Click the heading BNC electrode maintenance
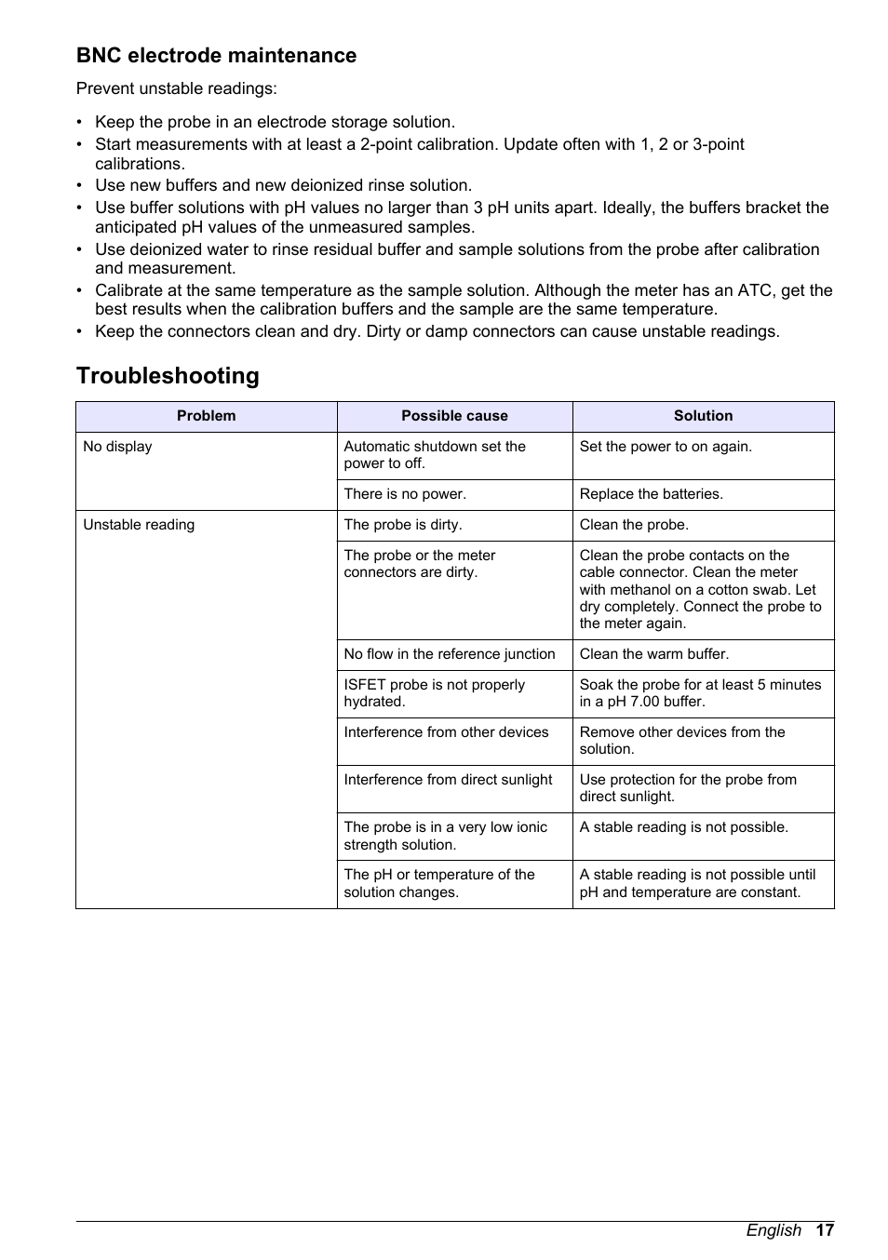coord(216,56)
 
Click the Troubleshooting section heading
coord(168,376)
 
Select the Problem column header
coord(206,416)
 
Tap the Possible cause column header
coord(454,416)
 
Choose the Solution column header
coord(703,416)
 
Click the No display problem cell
coord(117,447)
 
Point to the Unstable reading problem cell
coord(139,525)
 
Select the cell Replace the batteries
coord(651,494)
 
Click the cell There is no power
coord(405,494)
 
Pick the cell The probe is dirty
coord(402,525)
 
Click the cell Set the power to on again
coord(666,447)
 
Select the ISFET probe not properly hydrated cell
coord(434,693)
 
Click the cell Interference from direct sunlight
coord(448,780)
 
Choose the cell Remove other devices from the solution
coord(682,741)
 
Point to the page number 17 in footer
coord(825,1230)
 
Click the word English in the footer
coord(773,1230)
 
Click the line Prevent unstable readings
coord(177,89)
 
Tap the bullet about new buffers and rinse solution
coord(283,185)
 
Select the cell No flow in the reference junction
coord(449,654)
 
